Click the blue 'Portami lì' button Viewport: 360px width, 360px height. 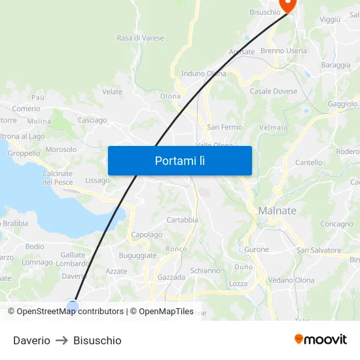point(179,160)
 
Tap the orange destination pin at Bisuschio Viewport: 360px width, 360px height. point(287,4)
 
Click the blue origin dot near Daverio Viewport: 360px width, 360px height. point(72,306)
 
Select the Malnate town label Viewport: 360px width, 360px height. point(277,211)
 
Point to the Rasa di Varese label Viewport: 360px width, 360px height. point(140,38)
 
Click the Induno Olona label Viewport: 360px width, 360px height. point(204,73)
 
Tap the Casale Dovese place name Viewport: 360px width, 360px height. point(273,91)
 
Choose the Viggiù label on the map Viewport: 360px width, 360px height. point(330,20)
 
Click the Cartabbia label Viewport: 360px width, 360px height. point(182,220)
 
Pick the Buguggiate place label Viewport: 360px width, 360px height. point(137,255)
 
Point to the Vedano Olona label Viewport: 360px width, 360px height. point(291,280)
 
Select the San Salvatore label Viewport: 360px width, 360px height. point(319,250)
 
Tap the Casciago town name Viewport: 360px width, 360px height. point(92,120)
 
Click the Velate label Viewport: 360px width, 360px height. point(112,92)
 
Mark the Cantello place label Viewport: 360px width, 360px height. point(309,162)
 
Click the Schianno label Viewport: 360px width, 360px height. point(205,270)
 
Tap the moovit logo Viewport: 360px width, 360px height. point(321,340)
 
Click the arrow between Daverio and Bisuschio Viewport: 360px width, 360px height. point(62,340)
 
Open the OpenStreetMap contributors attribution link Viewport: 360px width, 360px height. point(70,312)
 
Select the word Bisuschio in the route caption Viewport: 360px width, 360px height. point(97,340)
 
